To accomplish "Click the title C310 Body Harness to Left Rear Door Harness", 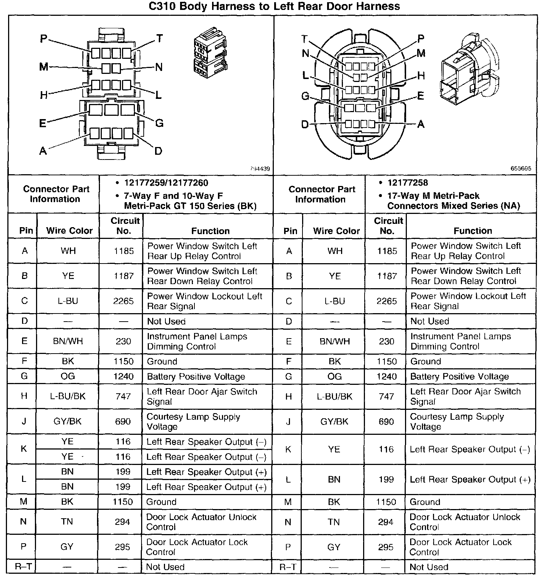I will click(274, 6).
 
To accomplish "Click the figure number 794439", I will click(260, 169).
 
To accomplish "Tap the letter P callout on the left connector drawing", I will click(44, 38).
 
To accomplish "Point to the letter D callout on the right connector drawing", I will click(305, 125).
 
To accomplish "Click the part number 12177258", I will click(408, 183).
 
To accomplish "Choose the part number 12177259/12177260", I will click(166, 183).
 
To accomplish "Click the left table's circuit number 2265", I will click(123, 301).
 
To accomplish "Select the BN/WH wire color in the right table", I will click(334, 341).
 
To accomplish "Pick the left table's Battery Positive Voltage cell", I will click(196, 376).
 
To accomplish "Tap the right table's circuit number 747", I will click(386, 396).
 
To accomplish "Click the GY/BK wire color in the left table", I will click(68, 421).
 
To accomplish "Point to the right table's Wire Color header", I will click(336, 231).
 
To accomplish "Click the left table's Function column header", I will click(210, 231).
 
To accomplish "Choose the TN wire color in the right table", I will click(334, 522).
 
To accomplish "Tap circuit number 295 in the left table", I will click(123, 547).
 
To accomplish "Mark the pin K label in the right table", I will click(288, 449).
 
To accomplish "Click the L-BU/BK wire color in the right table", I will click(334, 396).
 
